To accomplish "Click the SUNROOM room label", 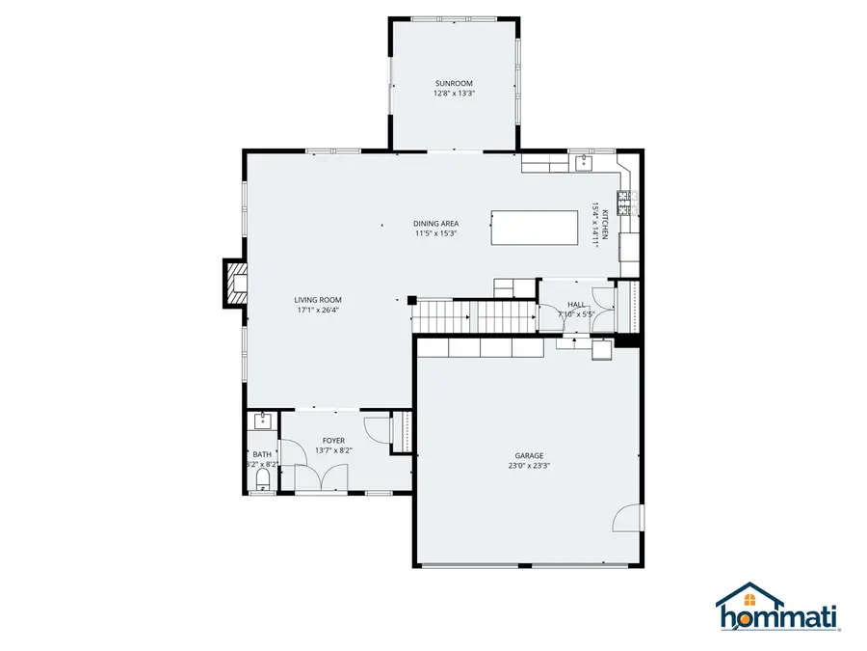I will point(454,84).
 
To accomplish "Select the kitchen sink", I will point(583,163).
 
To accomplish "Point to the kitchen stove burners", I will point(624,203).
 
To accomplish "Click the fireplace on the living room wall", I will point(234,284).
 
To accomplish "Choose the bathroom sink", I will point(261,420).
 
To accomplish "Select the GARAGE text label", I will point(528,456).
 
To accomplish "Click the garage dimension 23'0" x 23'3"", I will point(528,466).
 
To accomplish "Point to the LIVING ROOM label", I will point(318,300).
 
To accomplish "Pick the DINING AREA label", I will point(435,224).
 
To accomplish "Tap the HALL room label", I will point(576,305).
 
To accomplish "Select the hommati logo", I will point(776,609).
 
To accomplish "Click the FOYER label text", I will point(333,441).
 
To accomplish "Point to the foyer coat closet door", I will point(375,427).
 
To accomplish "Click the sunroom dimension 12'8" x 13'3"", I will point(454,94).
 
